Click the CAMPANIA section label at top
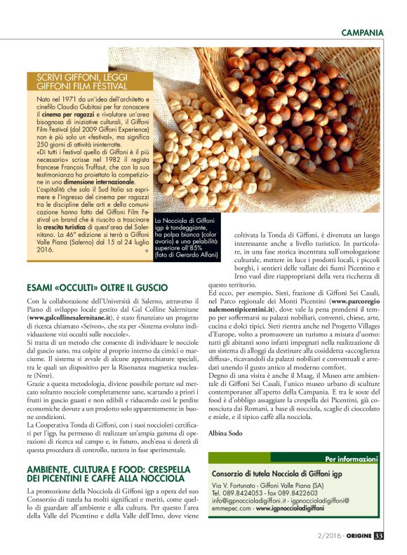pos(362,33)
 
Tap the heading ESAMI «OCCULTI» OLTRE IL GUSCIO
pos(97,287)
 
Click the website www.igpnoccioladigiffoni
pos(290,507)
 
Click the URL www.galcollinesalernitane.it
pos(69,317)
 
